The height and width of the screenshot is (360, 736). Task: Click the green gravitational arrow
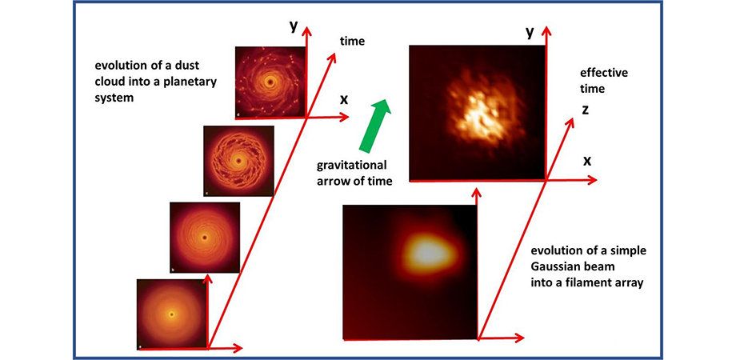(x=374, y=126)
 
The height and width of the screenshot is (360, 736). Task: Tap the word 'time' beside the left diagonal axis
(x=352, y=42)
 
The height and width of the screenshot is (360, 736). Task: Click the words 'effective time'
(x=604, y=81)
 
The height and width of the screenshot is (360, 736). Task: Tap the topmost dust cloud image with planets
(x=270, y=82)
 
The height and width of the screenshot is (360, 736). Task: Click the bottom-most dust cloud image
(x=172, y=314)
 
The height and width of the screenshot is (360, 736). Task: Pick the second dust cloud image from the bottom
(x=205, y=238)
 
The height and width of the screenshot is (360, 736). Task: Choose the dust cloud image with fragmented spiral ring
(x=238, y=161)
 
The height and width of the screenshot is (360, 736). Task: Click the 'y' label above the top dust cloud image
(x=294, y=26)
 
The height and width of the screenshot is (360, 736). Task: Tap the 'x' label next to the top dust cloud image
(x=344, y=99)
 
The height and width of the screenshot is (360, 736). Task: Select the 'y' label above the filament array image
(x=530, y=31)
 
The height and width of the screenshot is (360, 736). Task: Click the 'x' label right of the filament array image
(x=587, y=161)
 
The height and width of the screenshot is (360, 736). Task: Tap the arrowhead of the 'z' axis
(x=570, y=121)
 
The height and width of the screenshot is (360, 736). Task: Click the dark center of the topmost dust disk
(x=270, y=82)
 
